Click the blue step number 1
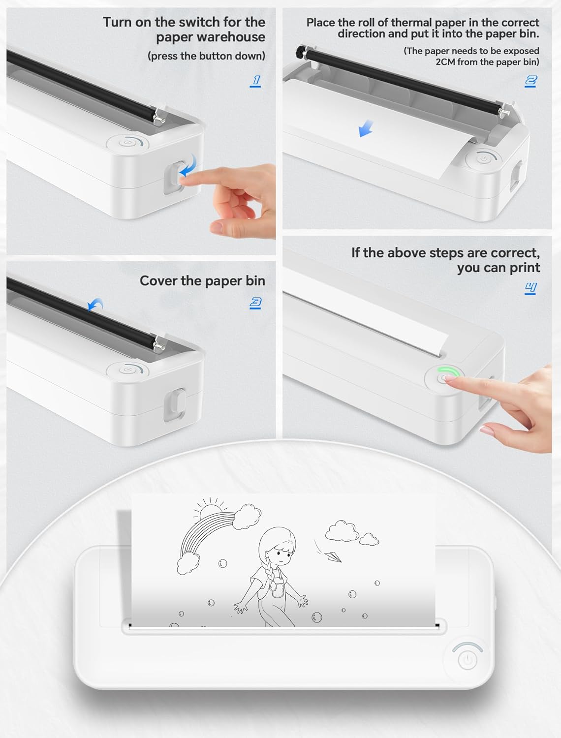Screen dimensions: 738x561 point(255,81)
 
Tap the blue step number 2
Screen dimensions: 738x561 point(530,81)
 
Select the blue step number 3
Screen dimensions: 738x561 point(255,303)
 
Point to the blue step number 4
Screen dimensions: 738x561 point(530,287)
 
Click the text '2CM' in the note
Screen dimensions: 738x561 point(446,62)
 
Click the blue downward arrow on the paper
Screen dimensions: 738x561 point(365,129)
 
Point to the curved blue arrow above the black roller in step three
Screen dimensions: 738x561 point(95,305)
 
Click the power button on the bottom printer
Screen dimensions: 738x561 point(467,660)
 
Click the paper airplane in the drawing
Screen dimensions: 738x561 point(332,557)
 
